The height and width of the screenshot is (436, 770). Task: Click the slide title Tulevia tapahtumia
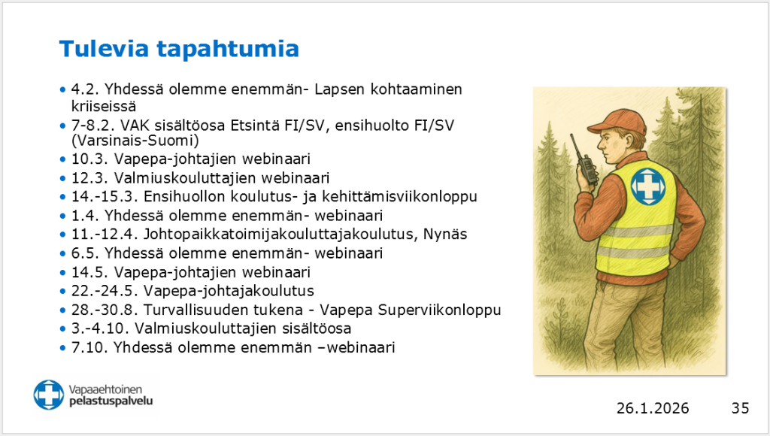point(179,49)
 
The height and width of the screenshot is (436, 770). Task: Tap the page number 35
point(740,408)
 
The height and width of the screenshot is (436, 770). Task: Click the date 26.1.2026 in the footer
point(652,408)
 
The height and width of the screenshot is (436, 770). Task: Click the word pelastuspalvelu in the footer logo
point(111,401)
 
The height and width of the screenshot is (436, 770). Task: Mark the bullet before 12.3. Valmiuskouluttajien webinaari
point(62,178)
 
